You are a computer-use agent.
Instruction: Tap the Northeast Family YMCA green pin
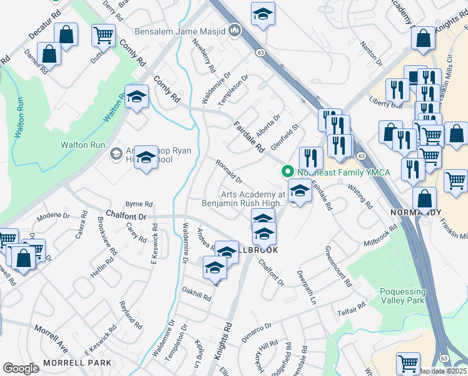(288, 170)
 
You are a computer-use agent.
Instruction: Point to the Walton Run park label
(83, 145)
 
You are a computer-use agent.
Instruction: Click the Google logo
(21, 368)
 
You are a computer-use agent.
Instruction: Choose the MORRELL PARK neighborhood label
(77, 363)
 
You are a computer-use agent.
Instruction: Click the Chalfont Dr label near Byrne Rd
(126, 216)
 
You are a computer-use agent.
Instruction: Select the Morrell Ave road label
(51, 337)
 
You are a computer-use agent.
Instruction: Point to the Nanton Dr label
(372, 55)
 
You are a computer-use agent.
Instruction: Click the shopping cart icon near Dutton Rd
(103, 35)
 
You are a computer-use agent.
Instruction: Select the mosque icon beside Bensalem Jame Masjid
(235, 29)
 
